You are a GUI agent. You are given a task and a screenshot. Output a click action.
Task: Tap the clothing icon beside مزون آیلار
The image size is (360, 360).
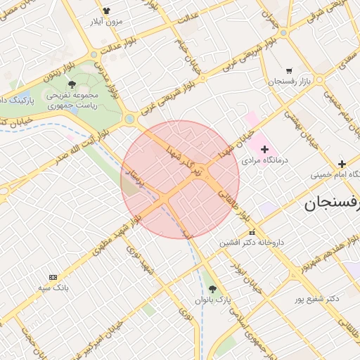(106, 11)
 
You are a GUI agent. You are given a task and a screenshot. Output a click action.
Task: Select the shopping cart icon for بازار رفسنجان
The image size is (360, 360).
(289, 71)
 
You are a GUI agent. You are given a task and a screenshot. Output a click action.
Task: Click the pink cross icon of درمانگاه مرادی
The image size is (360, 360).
(264, 149)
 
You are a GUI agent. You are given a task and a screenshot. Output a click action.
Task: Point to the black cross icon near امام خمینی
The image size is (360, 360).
(342, 164)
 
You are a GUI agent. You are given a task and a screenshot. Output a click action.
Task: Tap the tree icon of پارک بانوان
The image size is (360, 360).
(213, 289)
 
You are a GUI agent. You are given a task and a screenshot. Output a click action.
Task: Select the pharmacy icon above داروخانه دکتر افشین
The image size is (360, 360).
(252, 233)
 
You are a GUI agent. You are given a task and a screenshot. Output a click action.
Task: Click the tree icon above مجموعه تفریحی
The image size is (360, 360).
(72, 84)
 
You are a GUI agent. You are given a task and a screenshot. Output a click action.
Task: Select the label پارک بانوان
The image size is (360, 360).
(213, 300)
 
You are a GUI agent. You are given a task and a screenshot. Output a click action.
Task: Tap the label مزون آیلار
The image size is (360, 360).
(105, 22)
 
